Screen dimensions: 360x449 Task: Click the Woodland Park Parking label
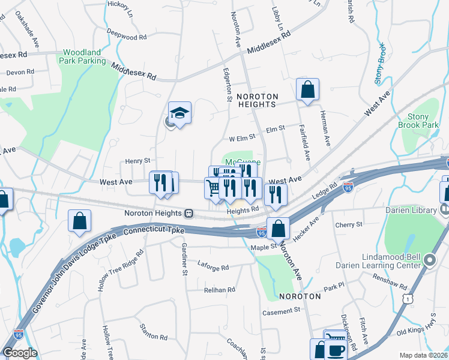coord(83,57)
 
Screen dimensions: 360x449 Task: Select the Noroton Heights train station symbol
coord(188,213)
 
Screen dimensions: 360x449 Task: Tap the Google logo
coord(19,353)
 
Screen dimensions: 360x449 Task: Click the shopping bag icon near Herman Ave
coord(307,90)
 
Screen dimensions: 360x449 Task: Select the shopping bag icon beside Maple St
coord(279,228)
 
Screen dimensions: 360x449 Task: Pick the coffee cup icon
coord(337,349)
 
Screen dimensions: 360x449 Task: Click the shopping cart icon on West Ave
coord(214,188)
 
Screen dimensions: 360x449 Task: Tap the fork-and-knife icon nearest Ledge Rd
coord(276,194)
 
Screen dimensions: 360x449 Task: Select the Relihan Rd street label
coord(218,290)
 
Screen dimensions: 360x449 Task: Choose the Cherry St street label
coord(349,224)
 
